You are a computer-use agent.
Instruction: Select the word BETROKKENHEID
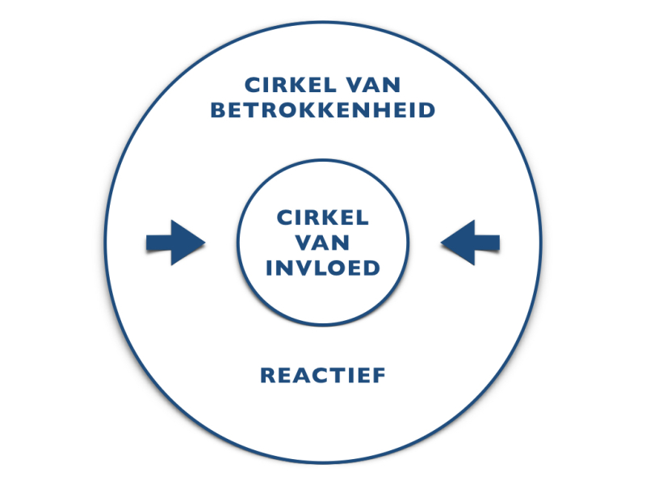tap(323, 110)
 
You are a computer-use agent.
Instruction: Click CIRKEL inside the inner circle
tap(323, 217)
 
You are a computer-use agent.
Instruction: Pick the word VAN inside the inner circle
tap(323, 242)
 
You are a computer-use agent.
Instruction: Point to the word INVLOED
tap(323, 268)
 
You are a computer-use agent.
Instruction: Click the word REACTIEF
tap(323, 375)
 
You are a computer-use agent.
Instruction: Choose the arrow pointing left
tap(471, 242)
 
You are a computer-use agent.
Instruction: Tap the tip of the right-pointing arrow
tap(203, 242)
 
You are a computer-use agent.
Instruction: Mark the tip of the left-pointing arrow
tap(443, 242)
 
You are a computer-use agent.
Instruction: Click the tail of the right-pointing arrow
tap(149, 242)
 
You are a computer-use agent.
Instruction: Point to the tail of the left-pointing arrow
tap(497, 242)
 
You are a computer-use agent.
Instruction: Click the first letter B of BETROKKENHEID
tap(218, 110)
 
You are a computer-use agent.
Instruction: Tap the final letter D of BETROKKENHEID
tap(427, 110)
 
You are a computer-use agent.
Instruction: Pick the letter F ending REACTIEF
tap(378, 375)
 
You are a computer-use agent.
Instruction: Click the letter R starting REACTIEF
tap(268, 375)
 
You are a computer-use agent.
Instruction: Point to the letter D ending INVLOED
tap(371, 268)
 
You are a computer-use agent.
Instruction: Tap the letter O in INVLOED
tap(337, 268)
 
